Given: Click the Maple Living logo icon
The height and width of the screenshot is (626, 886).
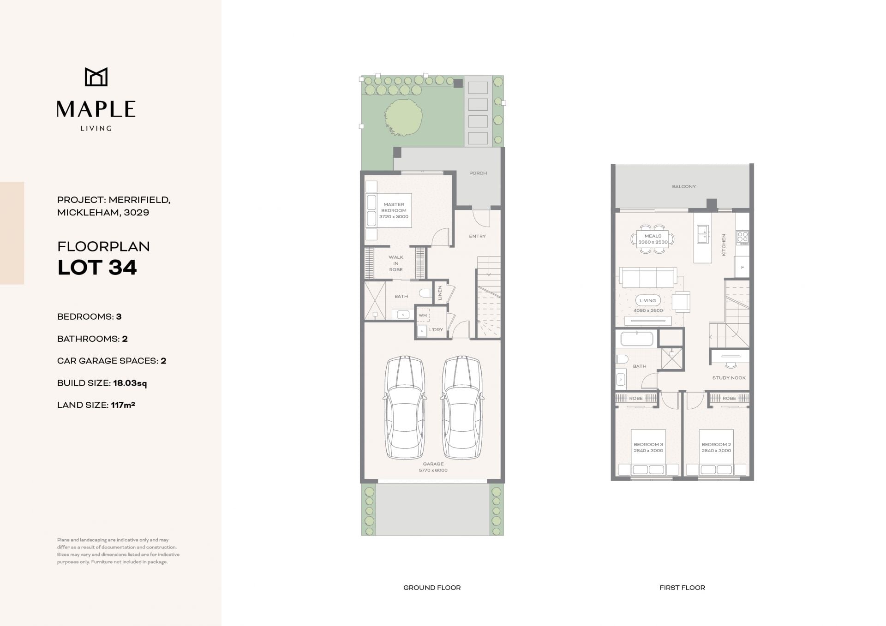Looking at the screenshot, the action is tap(96, 77).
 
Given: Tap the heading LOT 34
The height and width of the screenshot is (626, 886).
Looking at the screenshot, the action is tap(97, 268).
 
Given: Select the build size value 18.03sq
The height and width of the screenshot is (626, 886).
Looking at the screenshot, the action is tap(130, 383).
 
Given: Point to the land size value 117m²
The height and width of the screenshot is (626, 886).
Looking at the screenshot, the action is tap(123, 405).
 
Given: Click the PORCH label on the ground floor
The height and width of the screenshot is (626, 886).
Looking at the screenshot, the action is tap(478, 173).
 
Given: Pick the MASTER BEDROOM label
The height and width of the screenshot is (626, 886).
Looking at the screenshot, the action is tap(394, 207).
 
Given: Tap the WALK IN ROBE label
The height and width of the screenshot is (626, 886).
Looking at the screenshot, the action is tap(396, 263).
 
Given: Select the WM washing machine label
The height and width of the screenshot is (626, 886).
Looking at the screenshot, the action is tap(423, 316).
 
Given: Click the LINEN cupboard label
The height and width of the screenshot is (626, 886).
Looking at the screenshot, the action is tap(440, 292).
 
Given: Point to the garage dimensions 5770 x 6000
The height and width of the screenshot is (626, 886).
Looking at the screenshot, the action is tap(433, 471).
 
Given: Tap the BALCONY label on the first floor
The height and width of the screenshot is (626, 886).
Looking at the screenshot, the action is tap(684, 187).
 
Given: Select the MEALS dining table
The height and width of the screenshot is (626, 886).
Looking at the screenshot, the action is tap(653, 239).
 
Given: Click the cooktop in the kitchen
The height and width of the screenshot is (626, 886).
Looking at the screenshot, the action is tap(742, 237).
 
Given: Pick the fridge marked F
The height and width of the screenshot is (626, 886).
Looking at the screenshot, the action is tap(742, 268).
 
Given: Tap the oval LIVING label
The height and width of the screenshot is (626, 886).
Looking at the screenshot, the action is tap(647, 300).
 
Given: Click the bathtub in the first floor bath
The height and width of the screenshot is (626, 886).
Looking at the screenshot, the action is tap(637, 339).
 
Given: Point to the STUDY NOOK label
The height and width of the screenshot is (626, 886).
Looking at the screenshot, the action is tap(729, 378).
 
